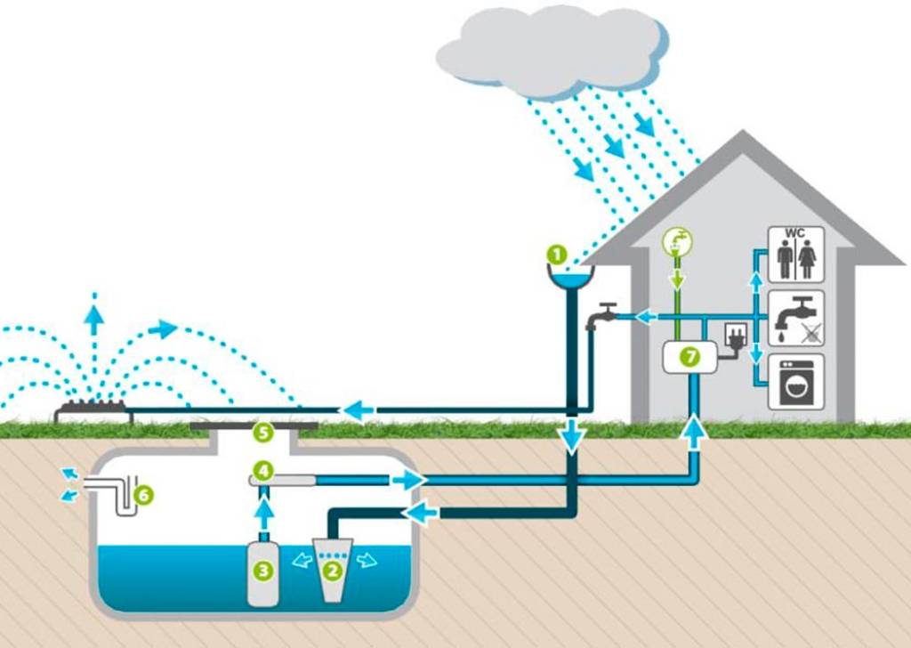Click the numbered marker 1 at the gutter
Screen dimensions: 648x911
click(x=556, y=254)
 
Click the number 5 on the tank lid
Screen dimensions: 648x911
click(x=262, y=433)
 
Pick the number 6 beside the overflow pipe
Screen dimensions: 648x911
click(x=142, y=493)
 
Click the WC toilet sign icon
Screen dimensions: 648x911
click(x=796, y=254)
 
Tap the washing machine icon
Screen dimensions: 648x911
click(x=796, y=382)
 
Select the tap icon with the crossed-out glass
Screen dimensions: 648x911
click(x=796, y=319)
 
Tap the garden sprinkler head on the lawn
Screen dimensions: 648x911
click(x=93, y=412)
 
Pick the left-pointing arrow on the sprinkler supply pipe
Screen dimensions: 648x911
click(x=359, y=410)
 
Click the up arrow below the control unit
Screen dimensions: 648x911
click(x=695, y=433)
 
